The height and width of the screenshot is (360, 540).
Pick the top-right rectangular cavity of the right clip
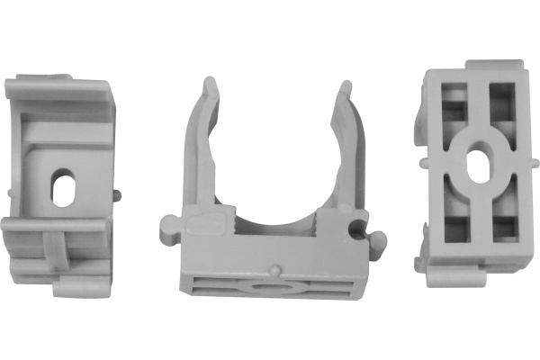(x=501, y=104)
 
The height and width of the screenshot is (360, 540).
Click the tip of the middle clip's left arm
(x=209, y=85)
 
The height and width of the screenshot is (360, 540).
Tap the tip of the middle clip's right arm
(x=345, y=87)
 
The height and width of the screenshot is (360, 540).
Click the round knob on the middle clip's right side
(x=378, y=240)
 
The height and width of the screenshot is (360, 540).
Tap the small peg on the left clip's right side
(x=116, y=193)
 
